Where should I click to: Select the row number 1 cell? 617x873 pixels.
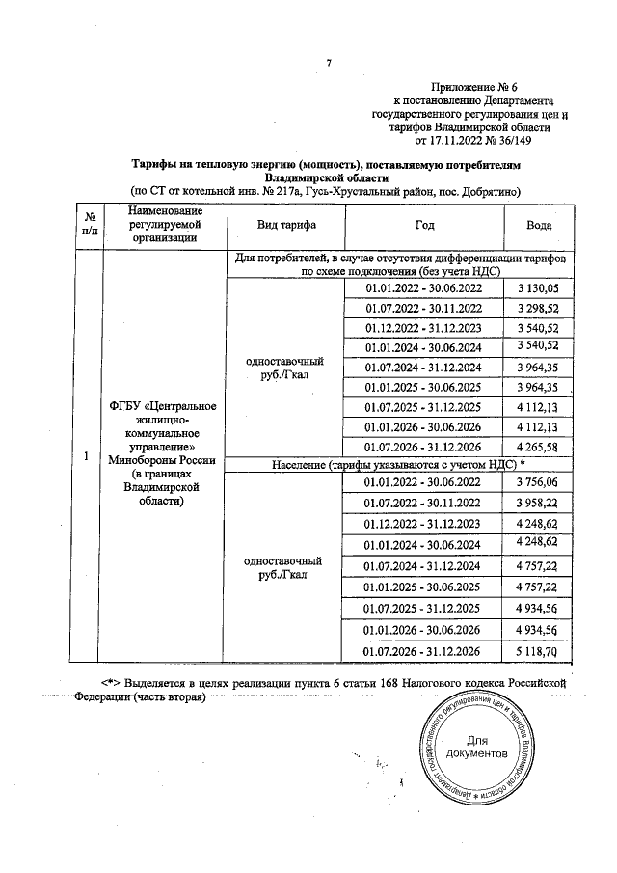click(89, 456)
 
